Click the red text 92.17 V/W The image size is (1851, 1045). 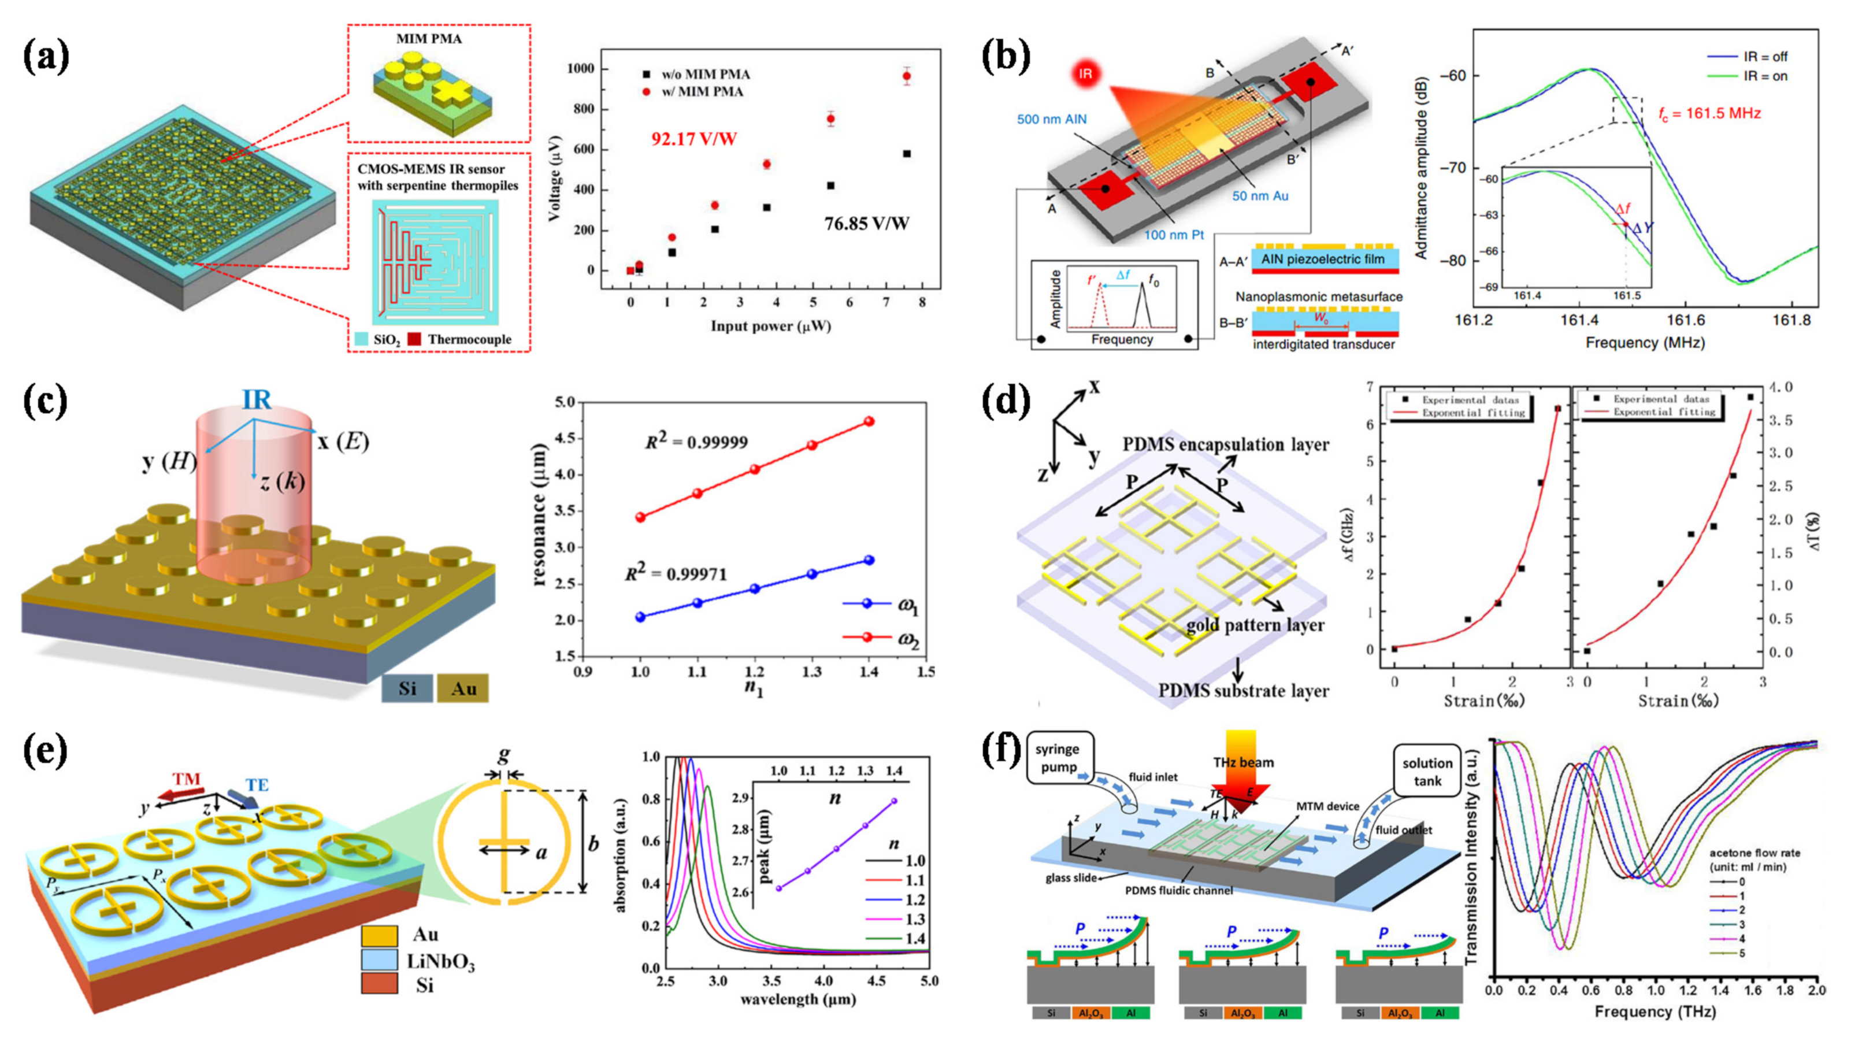pyautogui.click(x=693, y=139)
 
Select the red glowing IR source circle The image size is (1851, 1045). pyautogui.click(x=1086, y=73)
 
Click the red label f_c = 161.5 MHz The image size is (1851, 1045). pyautogui.click(x=1709, y=113)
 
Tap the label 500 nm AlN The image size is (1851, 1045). pyautogui.click(x=1051, y=119)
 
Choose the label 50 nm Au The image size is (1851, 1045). pyautogui.click(x=1260, y=195)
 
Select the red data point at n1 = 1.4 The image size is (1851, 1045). pyautogui.click(x=869, y=422)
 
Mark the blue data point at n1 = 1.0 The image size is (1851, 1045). pyautogui.click(x=640, y=617)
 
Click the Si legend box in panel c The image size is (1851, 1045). pyautogui.click(x=407, y=688)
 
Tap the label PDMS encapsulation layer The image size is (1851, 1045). pyautogui.click(x=1225, y=445)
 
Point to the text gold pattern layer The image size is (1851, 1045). pyautogui.click(x=1255, y=625)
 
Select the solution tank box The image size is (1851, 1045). pyautogui.click(x=1426, y=771)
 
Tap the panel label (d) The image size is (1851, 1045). pyautogui.click(x=1006, y=401)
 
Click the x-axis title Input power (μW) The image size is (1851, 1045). pyautogui.click(x=770, y=327)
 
